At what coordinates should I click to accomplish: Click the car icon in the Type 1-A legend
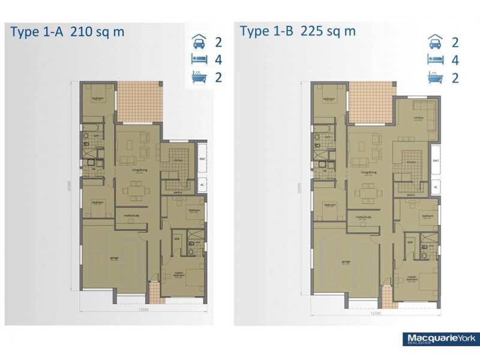coord(196,43)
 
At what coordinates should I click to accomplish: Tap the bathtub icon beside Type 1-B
coord(432,77)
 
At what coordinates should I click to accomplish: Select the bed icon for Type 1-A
coord(196,60)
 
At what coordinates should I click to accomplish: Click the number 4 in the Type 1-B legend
coord(455,60)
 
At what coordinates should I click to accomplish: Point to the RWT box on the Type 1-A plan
coord(202,159)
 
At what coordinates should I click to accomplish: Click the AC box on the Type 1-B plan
coord(436,188)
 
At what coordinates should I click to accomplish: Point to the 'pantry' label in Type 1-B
coord(411,195)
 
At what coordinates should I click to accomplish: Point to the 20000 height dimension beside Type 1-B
coord(298,191)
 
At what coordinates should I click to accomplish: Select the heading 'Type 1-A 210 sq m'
coord(67,32)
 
